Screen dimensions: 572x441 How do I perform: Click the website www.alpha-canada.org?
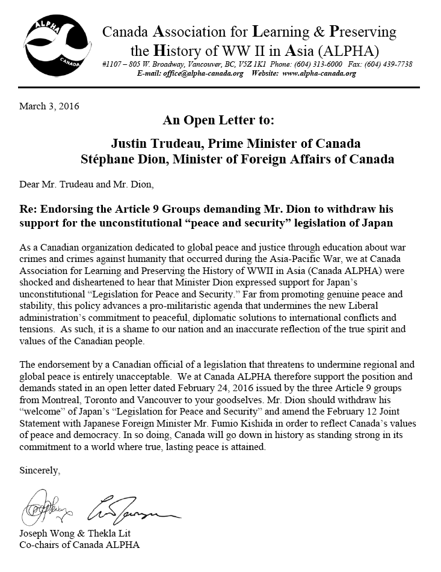[x=319, y=74]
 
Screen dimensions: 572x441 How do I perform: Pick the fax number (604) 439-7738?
[x=386, y=64]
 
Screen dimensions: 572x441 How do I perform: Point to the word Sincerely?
[x=40, y=470]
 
